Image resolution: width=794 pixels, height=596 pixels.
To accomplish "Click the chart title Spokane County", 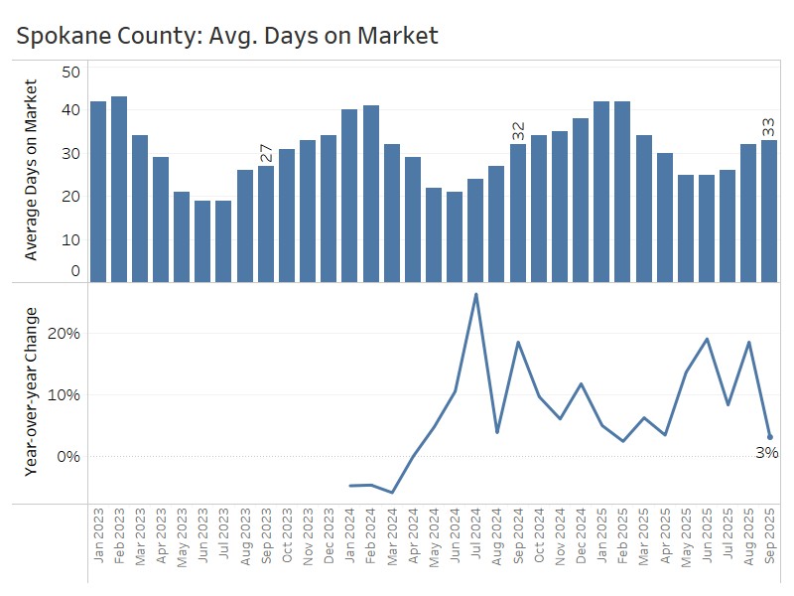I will (227, 36).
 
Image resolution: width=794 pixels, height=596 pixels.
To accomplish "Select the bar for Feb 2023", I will (119, 189).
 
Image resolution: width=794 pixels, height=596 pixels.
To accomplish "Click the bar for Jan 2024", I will (349, 195).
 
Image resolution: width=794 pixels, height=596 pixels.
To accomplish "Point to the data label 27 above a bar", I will (266, 153).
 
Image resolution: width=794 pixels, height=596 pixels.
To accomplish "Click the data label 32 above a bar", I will (518, 131).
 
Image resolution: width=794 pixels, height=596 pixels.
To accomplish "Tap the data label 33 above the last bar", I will (769, 127).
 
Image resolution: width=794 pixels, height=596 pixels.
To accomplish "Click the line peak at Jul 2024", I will (476, 294).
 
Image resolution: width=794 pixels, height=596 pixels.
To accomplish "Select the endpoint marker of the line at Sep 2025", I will (770, 437).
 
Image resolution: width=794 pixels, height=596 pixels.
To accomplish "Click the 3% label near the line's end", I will (766, 453).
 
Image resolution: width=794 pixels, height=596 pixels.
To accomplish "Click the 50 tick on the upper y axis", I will (70, 72).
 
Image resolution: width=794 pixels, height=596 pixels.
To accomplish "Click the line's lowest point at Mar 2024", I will (392, 492).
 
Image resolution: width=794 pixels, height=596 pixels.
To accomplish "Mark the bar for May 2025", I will (686, 227).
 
